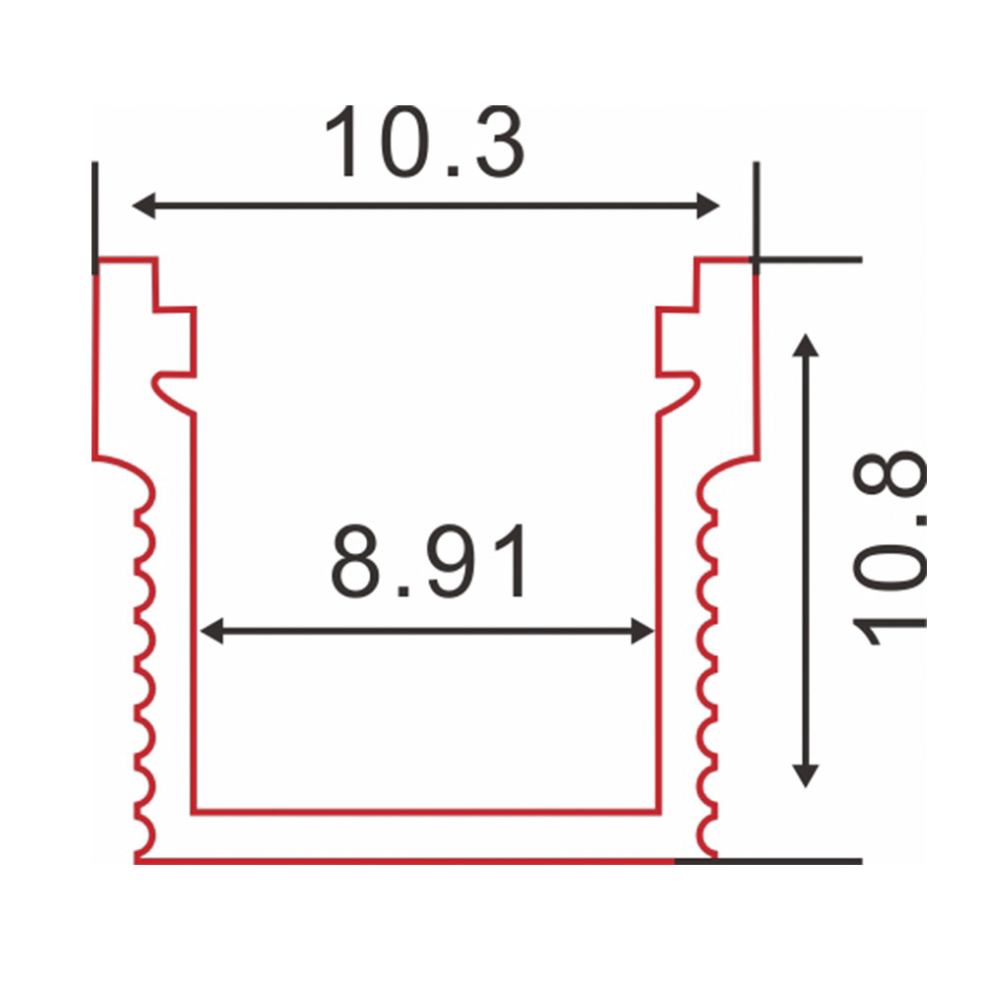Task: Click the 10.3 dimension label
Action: pyautogui.click(x=425, y=142)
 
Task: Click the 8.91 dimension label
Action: pyautogui.click(x=429, y=562)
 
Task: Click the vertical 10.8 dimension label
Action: pyautogui.click(x=890, y=548)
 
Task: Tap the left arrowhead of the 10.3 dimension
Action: pyautogui.click(x=144, y=206)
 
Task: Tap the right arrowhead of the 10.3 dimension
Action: pyautogui.click(x=708, y=206)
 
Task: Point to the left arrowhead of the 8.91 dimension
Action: pyautogui.click(x=212, y=631)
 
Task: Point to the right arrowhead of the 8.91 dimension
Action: pyautogui.click(x=643, y=631)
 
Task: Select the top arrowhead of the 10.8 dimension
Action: pyautogui.click(x=805, y=345)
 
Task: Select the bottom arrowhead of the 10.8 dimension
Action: pyautogui.click(x=805, y=775)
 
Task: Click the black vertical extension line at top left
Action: pyautogui.click(x=94, y=218)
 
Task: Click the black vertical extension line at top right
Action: pyautogui.click(x=756, y=218)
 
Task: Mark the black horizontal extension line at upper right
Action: pyautogui.click(x=807, y=259)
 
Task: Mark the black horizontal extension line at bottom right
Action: pyautogui.click(x=769, y=861)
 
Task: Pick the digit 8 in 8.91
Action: pyautogui.click(x=355, y=562)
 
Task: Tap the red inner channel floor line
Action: pyautogui.click(x=426, y=812)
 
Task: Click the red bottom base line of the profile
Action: pyautogui.click(x=404, y=861)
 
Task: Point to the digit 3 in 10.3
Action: pyautogui.click(x=500, y=142)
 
